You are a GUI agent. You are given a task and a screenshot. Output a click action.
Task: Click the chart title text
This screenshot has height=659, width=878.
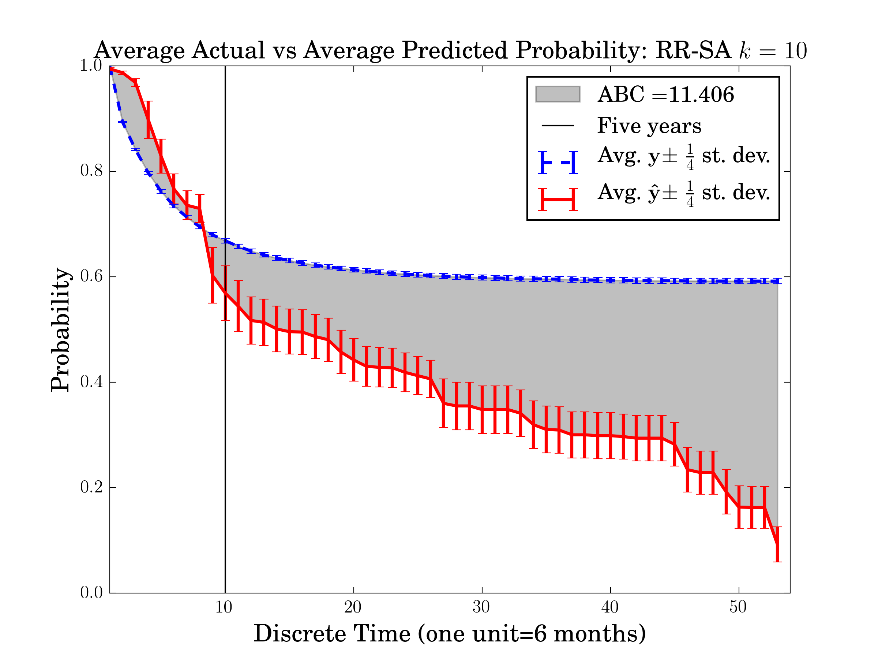click(x=450, y=51)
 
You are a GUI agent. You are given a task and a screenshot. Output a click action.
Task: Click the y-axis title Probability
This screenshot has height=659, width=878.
click(x=60, y=330)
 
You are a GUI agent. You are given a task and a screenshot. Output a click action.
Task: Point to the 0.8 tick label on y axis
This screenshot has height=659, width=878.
click(x=91, y=171)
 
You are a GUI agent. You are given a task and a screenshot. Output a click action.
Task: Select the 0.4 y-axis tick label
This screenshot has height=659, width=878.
click(x=91, y=382)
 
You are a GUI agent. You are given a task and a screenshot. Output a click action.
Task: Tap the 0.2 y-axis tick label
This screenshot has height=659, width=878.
click(x=91, y=487)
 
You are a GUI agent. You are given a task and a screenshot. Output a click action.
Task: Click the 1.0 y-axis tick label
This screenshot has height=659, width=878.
click(x=91, y=66)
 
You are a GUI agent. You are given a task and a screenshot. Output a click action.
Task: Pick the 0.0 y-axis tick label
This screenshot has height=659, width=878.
click(x=91, y=593)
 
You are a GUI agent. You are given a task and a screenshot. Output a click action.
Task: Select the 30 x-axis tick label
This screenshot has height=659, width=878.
click(x=481, y=607)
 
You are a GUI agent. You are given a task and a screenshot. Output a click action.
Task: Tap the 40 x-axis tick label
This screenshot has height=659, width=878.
click(x=610, y=607)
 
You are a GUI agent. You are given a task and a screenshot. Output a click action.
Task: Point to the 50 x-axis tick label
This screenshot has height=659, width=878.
click(x=738, y=607)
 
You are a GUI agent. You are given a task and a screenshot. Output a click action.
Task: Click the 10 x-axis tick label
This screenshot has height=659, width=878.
click(x=224, y=607)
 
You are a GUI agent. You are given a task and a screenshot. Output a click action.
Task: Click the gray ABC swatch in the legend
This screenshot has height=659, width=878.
click(x=557, y=94)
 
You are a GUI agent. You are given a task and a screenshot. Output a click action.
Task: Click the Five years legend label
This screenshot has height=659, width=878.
click(x=649, y=126)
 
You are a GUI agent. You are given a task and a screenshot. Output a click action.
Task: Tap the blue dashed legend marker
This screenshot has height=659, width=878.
click(x=558, y=163)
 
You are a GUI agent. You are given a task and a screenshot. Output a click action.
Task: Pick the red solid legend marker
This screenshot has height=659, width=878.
click(x=558, y=199)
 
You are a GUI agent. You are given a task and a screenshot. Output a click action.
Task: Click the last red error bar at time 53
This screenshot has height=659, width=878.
click(x=777, y=544)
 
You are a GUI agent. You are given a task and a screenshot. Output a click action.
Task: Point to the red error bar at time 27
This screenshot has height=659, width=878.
click(x=443, y=403)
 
